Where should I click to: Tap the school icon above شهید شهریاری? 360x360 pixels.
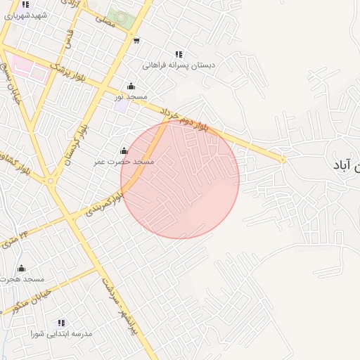25,4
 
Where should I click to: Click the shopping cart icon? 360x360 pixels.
136,40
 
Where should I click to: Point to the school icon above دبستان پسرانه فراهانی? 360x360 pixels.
179,54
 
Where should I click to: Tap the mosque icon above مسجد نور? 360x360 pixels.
131,86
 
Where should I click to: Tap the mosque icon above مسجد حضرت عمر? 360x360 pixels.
124,150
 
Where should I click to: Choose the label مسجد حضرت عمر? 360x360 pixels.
124,161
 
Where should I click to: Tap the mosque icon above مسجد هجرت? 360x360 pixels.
21,269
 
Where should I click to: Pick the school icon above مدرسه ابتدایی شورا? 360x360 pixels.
61,323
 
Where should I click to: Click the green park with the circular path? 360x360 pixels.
122,18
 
